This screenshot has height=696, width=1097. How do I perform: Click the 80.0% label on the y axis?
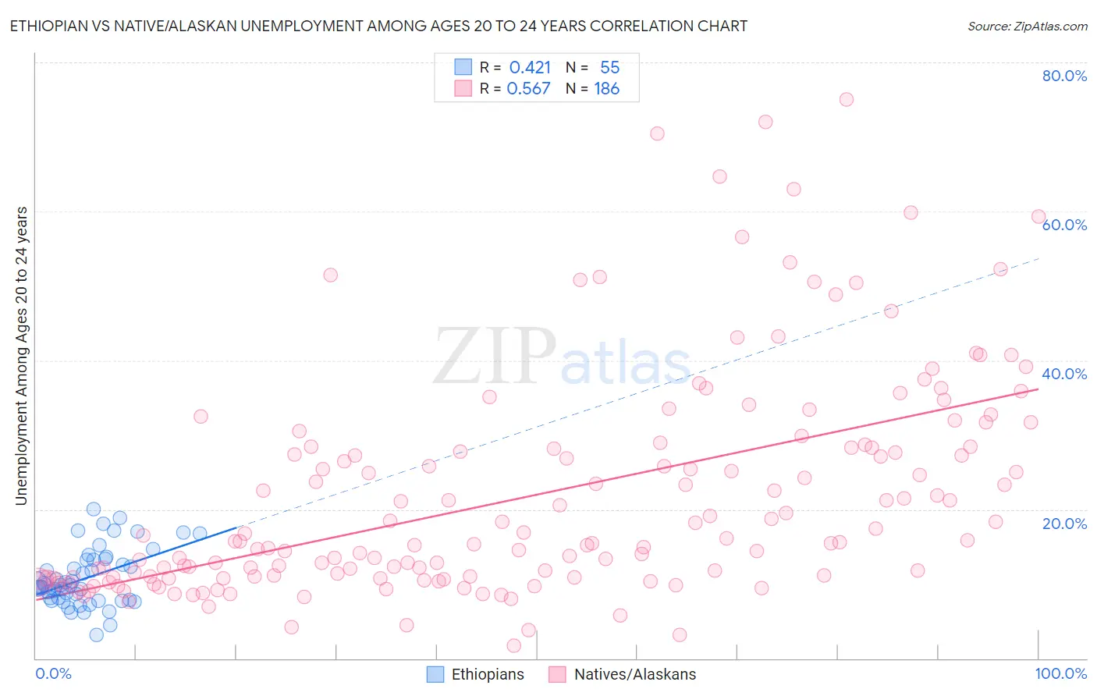point(1064,76)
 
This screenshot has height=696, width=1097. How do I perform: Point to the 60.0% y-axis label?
point(1064,225)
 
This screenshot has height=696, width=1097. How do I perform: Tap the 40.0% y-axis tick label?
point(1064,374)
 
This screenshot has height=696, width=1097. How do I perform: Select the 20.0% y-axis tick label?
point(1064,523)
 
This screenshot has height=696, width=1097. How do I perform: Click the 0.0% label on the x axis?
point(53,673)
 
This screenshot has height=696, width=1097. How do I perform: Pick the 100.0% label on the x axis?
point(1060,673)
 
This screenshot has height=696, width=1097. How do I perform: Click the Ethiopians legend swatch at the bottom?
point(435,674)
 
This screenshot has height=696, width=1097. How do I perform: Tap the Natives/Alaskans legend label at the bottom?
point(634,674)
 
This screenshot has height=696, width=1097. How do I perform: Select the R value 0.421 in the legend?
point(530,67)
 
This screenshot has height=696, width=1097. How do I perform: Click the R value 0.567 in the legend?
point(528,89)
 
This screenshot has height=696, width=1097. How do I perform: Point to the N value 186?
point(606,89)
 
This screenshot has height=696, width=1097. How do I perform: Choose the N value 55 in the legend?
point(609,67)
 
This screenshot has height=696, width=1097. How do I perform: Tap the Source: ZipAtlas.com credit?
point(1027,26)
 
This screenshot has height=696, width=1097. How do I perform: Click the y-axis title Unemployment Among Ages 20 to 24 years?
point(21,355)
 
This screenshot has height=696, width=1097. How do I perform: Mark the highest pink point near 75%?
point(846,99)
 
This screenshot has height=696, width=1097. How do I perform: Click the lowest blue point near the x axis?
point(96,634)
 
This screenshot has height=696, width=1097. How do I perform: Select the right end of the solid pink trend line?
point(1038,389)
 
